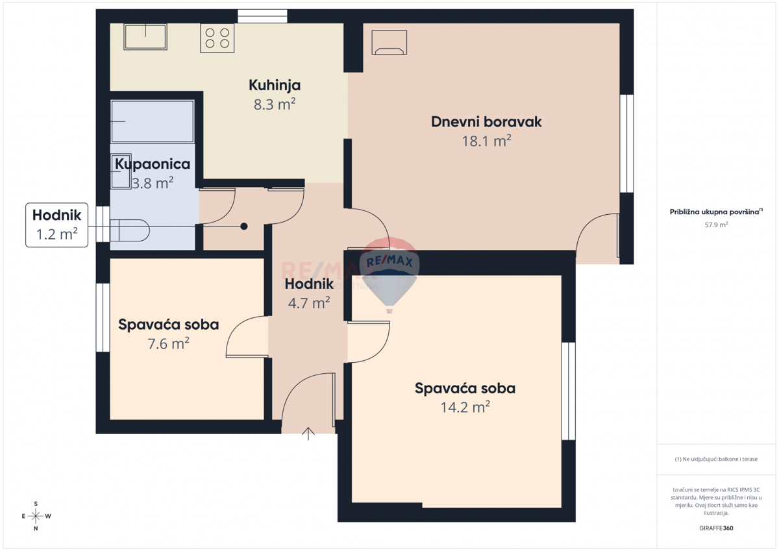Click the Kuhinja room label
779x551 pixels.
275,85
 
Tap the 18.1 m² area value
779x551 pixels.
486,141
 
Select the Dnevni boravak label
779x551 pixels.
486,121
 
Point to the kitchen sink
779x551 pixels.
145,36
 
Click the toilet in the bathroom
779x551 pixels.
129,230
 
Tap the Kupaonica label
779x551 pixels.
153,164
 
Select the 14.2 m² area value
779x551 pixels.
465,408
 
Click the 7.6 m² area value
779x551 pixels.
169,344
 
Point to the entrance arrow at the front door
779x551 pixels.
308,434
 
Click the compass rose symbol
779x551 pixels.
36,516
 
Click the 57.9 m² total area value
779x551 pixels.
716,225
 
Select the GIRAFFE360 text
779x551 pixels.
716,528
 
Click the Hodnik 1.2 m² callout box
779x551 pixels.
56,225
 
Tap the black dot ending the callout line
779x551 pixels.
244,227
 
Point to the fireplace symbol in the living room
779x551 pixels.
389,42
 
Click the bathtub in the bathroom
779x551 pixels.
153,121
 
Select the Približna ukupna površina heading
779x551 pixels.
716,212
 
